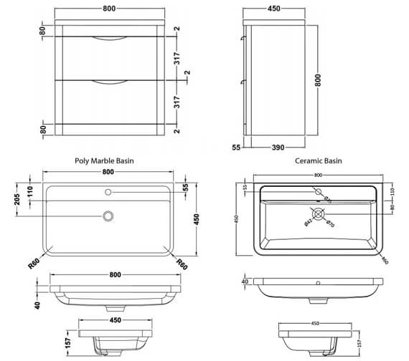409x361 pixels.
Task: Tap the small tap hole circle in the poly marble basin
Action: (x=109, y=192)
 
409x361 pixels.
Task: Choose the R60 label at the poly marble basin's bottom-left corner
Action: (x=34, y=263)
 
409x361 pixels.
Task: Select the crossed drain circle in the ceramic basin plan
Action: (x=319, y=216)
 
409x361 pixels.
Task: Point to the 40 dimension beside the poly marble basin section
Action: (x=37, y=304)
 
